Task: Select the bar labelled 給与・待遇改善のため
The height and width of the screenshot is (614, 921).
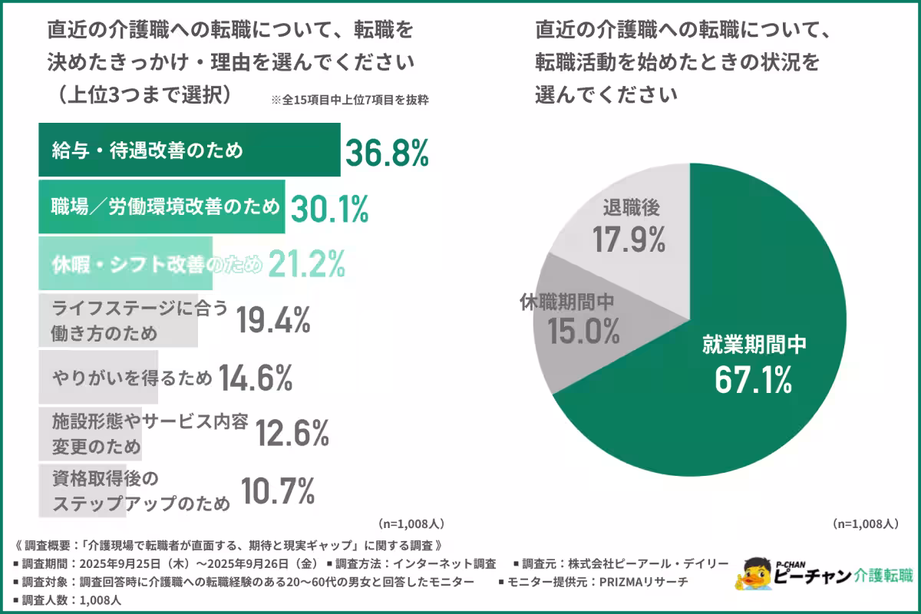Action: pos(189,150)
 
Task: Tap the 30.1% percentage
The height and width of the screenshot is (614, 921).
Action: pos(328,208)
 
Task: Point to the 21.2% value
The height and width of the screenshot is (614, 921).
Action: pos(306,264)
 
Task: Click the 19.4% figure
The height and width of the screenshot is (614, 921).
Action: pos(273,320)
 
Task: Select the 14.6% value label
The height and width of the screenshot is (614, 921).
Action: pos(256,377)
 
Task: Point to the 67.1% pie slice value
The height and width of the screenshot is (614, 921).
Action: pos(754,381)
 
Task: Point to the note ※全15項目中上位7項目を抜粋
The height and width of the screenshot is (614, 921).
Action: pos(349,100)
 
